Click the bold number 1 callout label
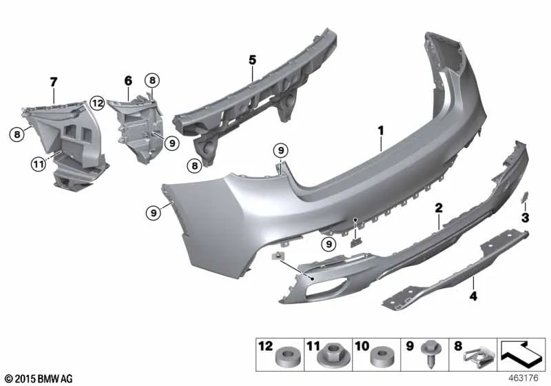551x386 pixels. [x=381, y=131]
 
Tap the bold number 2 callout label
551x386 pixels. [x=439, y=208]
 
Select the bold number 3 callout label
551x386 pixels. [x=525, y=218]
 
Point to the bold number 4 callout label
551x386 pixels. [x=474, y=296]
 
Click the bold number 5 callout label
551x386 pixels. [x=253, y=60]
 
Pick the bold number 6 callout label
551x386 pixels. [x=129, y=81]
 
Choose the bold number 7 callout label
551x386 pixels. [x=53, y=82]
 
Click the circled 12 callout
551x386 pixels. [x=97, y=103]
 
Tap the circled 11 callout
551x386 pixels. [x=39, y=164]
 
